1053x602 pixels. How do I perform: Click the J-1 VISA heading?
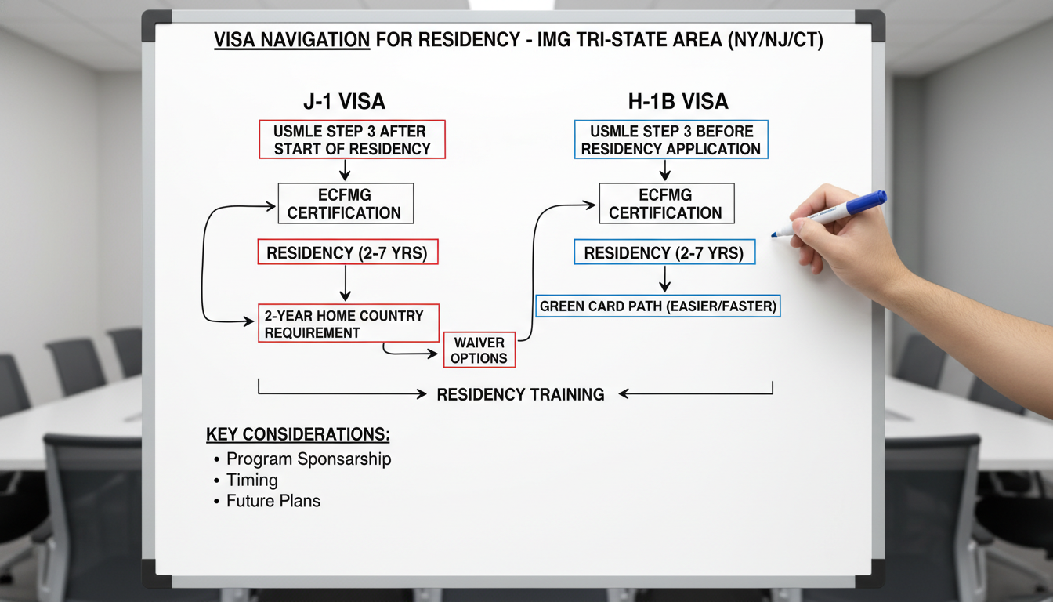click(344, 101)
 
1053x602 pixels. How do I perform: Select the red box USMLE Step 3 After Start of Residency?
click(352, 140)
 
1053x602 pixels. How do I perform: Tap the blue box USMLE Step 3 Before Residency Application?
click(671, 140)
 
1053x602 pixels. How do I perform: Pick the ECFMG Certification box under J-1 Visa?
click(345, 204)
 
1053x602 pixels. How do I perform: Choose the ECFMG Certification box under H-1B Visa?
click(666, 204)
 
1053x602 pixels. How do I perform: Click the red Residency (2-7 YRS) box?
click(348, 252)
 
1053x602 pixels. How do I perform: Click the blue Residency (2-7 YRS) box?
click(665, 252)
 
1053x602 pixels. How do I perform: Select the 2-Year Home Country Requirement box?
click(348, 324)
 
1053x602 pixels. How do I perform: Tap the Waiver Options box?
click(479, 350)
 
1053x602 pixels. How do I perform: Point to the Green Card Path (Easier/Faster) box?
click(658, 306)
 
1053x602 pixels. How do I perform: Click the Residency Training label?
click(520, 394)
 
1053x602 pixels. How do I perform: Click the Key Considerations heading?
click(298, 435)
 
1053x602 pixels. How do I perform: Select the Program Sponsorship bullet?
click(309, 459)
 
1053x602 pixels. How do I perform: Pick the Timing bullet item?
click(252, 480)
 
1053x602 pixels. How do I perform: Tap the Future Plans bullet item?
click(273, 501)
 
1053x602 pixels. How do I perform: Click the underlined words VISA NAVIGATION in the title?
click(291, 41)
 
